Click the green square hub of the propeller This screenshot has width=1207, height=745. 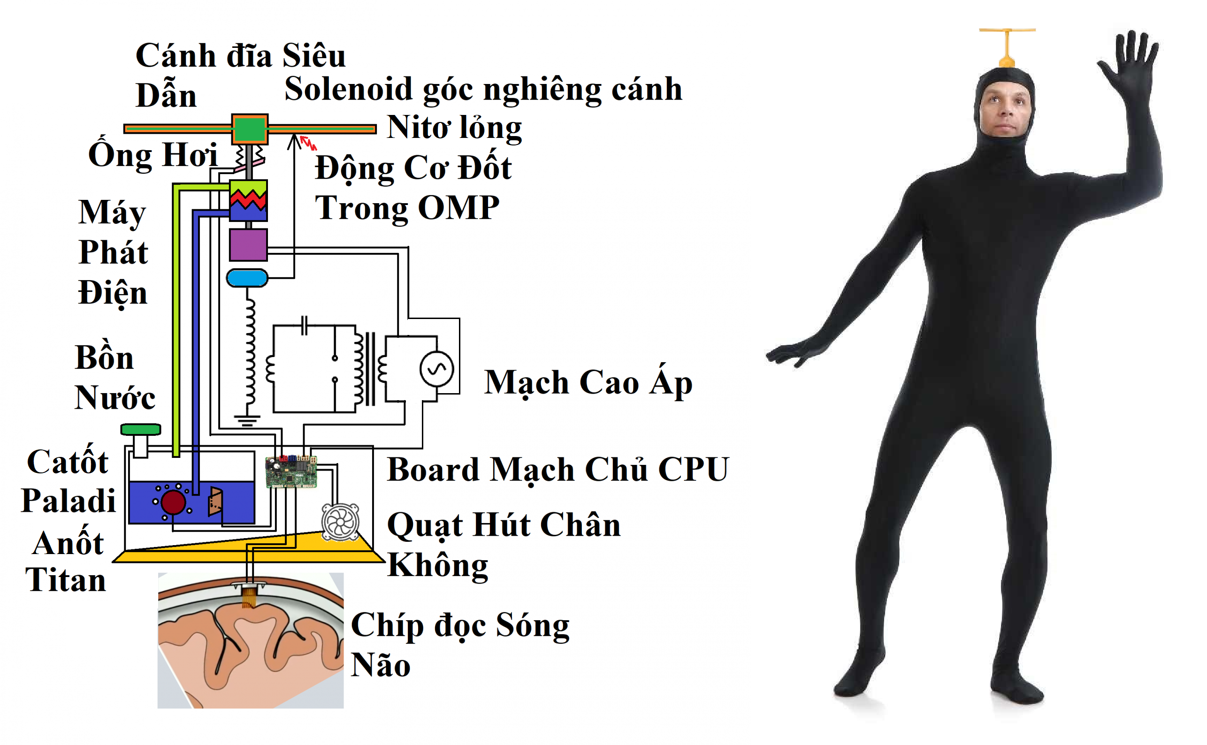(249, 129)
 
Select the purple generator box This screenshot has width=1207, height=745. (248, 244)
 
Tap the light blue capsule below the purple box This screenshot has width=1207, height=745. (247, 278)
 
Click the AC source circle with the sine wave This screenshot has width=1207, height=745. (436, 369)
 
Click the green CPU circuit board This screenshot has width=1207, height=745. (291, 471)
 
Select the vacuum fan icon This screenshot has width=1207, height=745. (340, 522)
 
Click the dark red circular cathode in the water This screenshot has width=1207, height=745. (173, 502)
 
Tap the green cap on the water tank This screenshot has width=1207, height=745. (140, 429)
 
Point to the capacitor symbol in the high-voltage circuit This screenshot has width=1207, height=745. (305, 325)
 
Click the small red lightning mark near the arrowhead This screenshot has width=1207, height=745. (309, 143)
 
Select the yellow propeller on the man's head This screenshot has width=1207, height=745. (1007, 47)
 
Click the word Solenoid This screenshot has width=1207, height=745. (348, 89)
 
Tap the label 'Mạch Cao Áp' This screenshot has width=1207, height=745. (588, 382)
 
